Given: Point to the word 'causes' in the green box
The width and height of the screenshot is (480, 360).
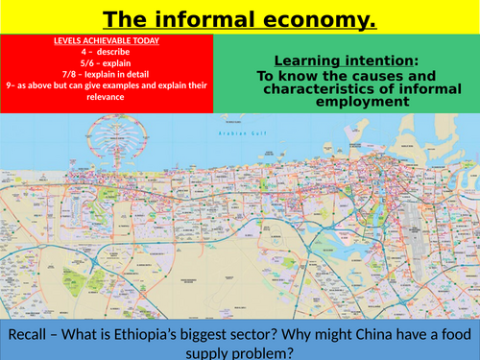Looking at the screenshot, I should pos(400,75).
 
